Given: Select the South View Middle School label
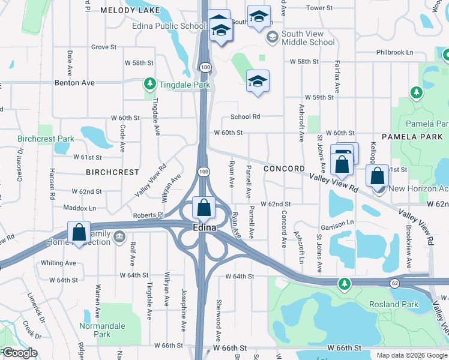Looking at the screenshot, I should pos(307,38).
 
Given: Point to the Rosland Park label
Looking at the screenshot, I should pos(394,304).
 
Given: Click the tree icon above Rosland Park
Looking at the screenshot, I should pos(344,283).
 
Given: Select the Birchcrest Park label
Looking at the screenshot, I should pos(46,139).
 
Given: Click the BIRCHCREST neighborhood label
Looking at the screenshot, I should pos(113,172).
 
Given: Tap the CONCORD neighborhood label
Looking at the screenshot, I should pos(283,169).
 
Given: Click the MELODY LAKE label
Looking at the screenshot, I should pos(130,10).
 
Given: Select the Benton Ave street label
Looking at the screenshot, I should pos(75,83).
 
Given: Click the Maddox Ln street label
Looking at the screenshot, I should pos(80,208).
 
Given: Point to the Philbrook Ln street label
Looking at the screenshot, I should pos(395,52).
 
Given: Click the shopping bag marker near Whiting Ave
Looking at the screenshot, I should pos(79,233).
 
